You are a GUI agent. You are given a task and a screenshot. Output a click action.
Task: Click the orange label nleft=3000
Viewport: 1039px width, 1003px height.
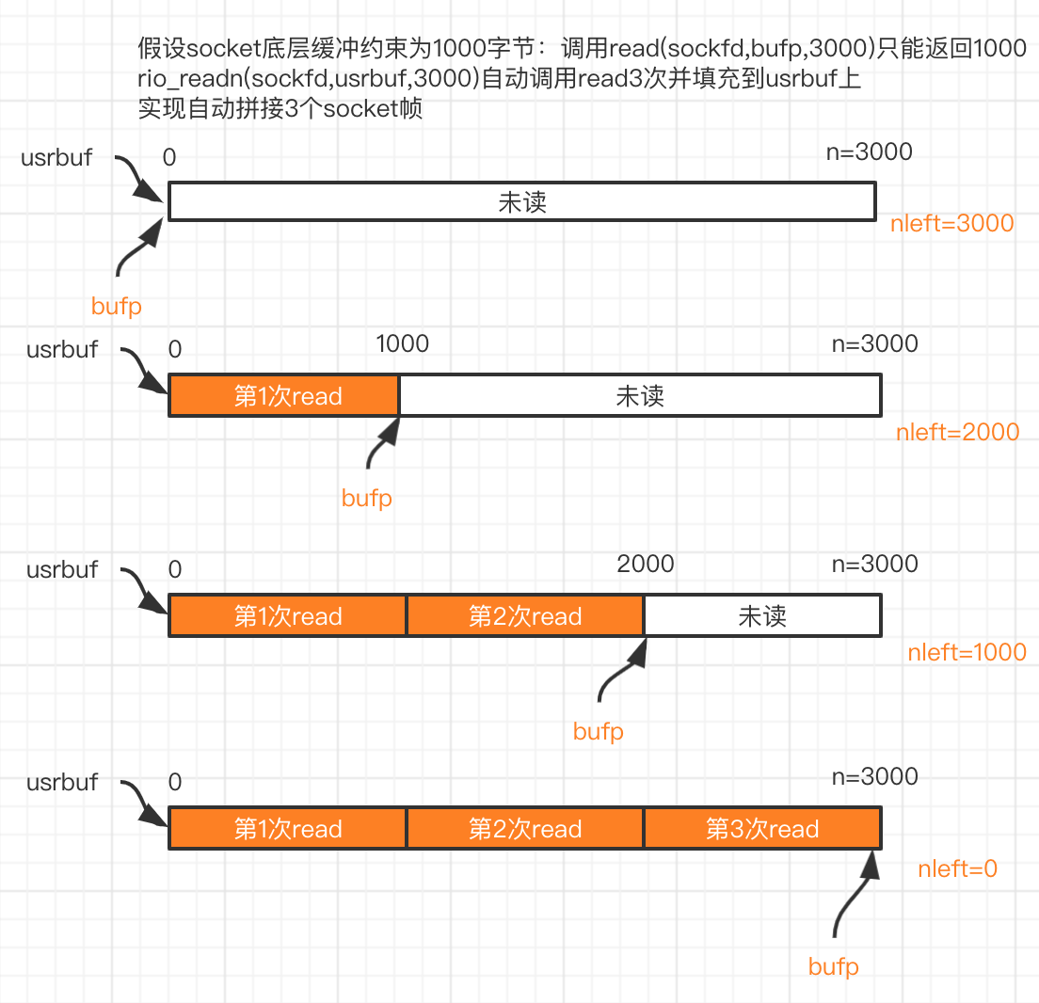point(951,223)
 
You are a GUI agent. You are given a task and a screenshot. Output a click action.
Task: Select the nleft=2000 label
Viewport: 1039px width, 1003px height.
point(957,432)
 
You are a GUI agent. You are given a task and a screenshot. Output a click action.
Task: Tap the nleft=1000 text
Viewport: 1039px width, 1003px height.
point(967,652)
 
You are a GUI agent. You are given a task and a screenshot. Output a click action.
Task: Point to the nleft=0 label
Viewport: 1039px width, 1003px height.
point(957,868)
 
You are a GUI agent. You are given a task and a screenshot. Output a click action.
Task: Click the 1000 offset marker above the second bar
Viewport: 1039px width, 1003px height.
point(402,343)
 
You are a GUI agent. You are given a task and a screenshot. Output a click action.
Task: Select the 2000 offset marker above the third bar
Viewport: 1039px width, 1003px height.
point(646,564)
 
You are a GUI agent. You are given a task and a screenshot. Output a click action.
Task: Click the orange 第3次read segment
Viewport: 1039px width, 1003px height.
point(762,828)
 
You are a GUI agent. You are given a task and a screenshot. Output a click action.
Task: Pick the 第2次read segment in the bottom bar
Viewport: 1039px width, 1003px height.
point(525,828)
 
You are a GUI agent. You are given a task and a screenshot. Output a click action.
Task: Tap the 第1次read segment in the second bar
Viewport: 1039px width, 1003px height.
point(284,395)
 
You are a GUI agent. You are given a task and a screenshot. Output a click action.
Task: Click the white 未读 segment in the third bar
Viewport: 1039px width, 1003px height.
point(762,615)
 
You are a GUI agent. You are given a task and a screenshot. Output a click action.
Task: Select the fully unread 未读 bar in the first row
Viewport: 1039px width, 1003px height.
point(522,201)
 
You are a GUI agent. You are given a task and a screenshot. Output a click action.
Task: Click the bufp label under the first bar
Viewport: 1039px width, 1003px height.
point(117,307)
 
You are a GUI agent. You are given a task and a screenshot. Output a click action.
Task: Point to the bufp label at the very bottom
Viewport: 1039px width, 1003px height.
point(834,967)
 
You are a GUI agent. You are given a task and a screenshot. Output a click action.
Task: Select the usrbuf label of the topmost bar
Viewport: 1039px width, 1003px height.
point(56,158)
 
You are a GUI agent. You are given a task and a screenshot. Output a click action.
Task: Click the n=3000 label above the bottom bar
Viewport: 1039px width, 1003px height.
point(874,776)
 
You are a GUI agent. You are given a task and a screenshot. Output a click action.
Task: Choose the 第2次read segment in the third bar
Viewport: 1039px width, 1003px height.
point(525,615)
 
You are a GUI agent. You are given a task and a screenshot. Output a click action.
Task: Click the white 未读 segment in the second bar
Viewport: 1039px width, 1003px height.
point(640,395)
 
